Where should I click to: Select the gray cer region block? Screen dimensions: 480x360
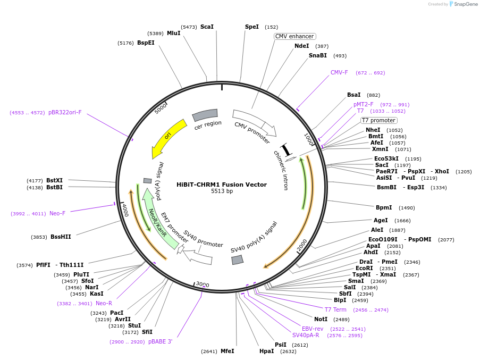tap(205, 115)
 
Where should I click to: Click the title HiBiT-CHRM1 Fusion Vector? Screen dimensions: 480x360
tap(222, 185)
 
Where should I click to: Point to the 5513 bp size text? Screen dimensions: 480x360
tap(222, 191)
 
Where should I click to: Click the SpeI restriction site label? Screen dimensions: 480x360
tap(251, 27)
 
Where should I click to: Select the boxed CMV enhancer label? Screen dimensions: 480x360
tap(294, 36)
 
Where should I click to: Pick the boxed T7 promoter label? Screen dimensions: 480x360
tap(378, 120)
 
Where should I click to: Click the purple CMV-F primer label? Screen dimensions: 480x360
tap(339, 72)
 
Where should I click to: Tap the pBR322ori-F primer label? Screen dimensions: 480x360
tap(65, 112)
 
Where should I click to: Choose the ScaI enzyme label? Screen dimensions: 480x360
tap(207, 27)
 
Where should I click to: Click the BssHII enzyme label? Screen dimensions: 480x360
tap(61, 237)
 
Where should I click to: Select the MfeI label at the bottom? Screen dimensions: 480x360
tap(228, 351)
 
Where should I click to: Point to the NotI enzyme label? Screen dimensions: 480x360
tap(321, 319)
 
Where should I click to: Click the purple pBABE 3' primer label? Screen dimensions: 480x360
tap(161, 341)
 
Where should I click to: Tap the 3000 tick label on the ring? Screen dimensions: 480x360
tap(203, 284)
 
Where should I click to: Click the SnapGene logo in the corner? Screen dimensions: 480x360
tap(464, 4)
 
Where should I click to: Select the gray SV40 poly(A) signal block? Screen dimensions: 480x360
tap(237, 260)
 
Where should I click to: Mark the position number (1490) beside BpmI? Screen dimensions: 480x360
tap(407, 208)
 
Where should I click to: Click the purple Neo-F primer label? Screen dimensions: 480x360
tap(57, 213)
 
